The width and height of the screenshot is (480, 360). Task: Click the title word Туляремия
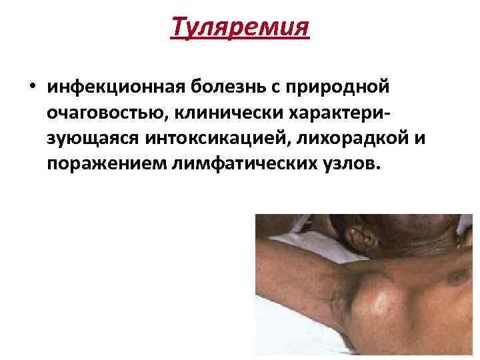click(240, 28)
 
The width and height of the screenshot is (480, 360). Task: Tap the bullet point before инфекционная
click(31, 87)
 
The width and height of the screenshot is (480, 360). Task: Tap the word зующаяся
click(91, 138)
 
